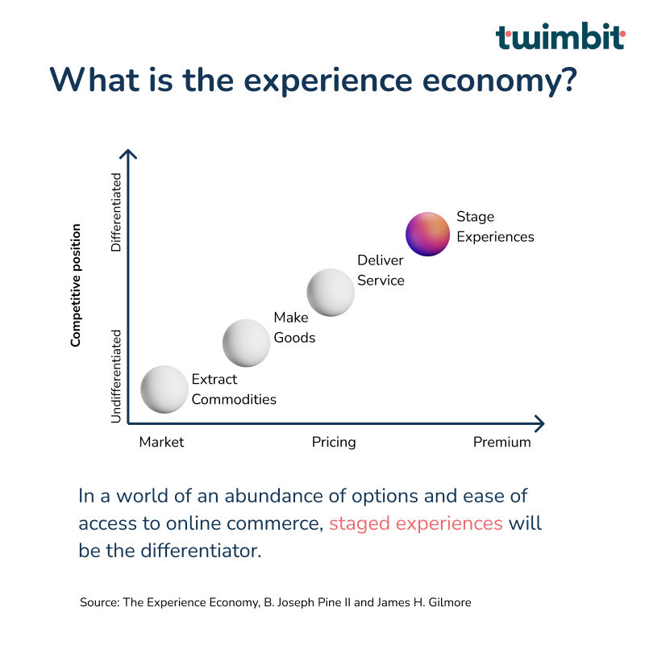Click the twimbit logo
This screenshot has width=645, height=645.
click(x=560, y=36)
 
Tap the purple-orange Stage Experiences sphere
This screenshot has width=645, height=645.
click(x=428, y=234)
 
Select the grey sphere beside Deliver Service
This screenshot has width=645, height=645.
click(x=331, y=293)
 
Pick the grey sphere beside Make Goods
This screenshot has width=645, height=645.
click(x=247, y=343)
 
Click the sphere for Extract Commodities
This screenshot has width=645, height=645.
click(x=164, y=389)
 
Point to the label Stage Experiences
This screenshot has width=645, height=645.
click(x=495, y=227)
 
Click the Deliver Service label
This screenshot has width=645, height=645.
click(x=381, y=270)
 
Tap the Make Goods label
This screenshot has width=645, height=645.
click(x=294, y=327)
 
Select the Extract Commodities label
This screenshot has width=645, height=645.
click(x=234, y=389)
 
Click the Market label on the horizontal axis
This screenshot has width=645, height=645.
click(x=162, y=442)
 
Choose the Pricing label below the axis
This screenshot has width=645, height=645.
click(x=334, y=442)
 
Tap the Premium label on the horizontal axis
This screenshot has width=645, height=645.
click(x=501, y=442)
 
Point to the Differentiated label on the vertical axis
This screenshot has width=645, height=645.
click(x=116, y=212)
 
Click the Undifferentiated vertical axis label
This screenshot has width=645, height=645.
click(x=116, y=376)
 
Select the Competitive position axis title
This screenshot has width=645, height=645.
click(x=76, y=285)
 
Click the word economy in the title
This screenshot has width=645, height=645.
click(x=499, y=81)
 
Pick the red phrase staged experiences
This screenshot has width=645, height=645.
click(x=416, y=524)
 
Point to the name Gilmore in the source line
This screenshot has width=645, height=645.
click(x=450, y=602)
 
